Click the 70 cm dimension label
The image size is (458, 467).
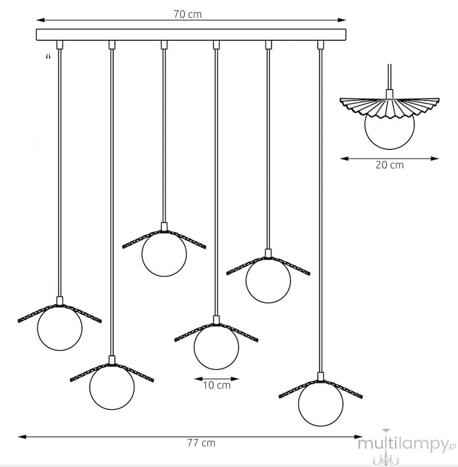(x=187, y=14)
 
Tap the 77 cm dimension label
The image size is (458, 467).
(x=201, y=443)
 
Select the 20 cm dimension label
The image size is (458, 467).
(x=390, y=165)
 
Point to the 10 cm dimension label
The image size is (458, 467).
(x=217, y=385)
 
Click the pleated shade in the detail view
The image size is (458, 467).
(x=390, y=108)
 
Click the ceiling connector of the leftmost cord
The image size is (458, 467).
(x=60, y=45)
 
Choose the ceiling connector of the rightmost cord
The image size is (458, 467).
(x=321, y=45)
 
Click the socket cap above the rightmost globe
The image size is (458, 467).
(x=321, y=376)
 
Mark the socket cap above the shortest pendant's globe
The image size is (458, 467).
(x=164, y=227)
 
